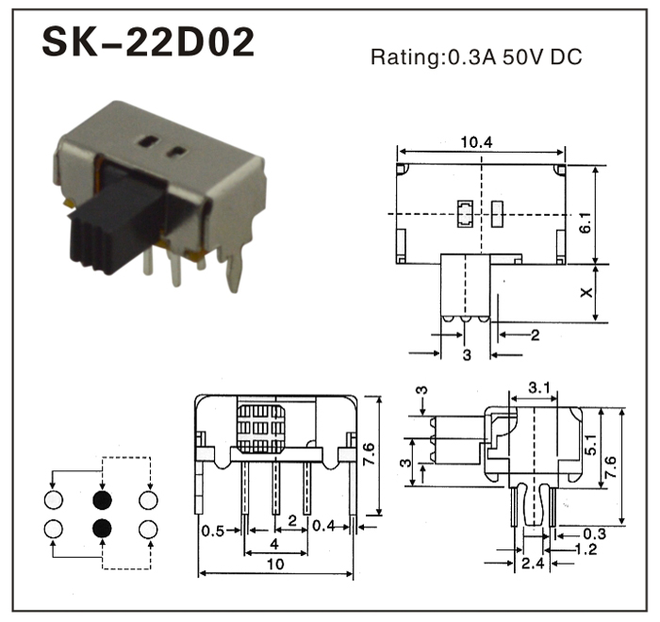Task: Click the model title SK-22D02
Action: click(149, 42)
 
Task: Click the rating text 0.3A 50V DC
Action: click(515, 57)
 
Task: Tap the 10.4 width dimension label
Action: click(476, 142)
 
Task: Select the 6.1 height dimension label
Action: click(586, 221)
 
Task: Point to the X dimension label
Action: click(586, 292)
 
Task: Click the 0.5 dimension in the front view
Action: click(212, 532)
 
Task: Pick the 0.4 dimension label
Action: click(324, 525)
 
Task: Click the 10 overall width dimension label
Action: click(275, 564)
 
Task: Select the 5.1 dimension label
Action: click(590, 445)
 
